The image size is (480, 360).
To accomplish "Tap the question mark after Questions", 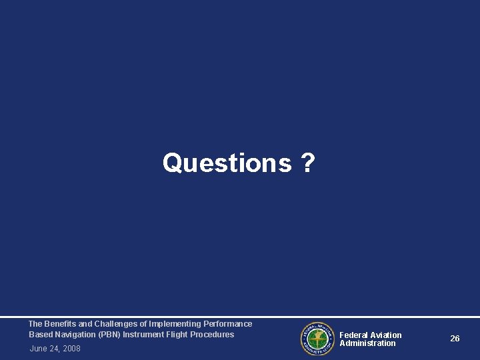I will (x=308, y=163).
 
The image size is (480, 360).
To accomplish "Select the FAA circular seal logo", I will (x=316, y=338).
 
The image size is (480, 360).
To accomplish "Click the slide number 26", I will (x=455, y=339).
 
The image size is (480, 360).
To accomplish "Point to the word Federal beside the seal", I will (x=354, y=335).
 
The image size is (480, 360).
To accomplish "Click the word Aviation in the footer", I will (x=386, y=335).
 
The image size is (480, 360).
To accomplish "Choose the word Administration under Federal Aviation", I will (x=367, y=343).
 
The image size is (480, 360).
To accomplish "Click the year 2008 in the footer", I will (x=71, y=348).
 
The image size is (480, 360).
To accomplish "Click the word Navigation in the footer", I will (x=73, y=335).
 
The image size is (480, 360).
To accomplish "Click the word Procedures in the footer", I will (x=213, y=335).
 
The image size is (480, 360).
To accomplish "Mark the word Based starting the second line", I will (x=39, y=335).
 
